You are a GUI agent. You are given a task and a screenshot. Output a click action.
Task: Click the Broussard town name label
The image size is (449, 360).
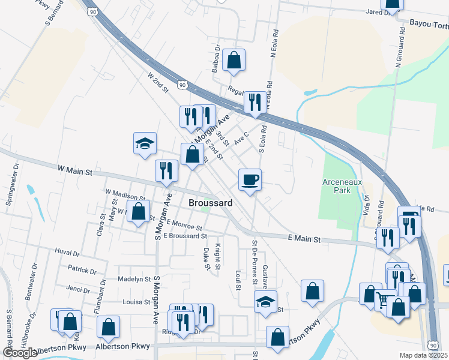click(210, 203)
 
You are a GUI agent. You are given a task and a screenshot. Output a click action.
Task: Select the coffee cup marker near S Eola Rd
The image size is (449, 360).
click(250, 179)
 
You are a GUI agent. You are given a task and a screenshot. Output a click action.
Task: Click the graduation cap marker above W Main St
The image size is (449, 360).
click(145, 143)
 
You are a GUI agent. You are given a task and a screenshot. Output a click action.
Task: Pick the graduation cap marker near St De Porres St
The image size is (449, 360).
click(264, 302)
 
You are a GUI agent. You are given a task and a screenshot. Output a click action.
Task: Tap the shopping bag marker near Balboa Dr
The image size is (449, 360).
click(234, 60)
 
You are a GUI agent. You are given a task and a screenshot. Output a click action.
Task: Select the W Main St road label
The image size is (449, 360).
click(74, 172)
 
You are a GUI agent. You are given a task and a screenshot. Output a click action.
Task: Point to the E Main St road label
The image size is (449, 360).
click(304, 239)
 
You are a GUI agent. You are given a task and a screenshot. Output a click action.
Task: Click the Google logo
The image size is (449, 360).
click(20, 353)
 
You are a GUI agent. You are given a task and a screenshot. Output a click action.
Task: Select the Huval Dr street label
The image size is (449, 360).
click(67, 252)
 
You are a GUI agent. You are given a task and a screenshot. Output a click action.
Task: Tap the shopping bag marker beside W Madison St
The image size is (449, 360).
click(139, 212)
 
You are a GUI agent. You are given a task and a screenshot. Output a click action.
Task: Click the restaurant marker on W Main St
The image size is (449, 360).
click(166, 171)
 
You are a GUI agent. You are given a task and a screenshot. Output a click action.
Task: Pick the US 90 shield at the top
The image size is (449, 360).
click(91, 11)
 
